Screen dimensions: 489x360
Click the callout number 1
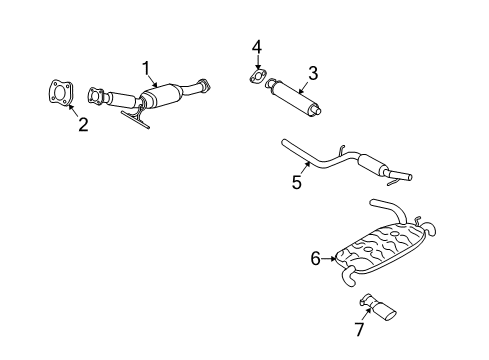coord(147,68)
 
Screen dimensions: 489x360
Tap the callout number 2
coord(83,124)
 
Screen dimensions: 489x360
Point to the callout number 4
coord(257,47)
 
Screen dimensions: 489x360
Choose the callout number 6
coord(315,259)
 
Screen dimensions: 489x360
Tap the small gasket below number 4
coord(257,77)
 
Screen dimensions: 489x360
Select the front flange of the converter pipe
coord(96,96)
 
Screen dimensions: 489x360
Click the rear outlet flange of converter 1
coord(204,86)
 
